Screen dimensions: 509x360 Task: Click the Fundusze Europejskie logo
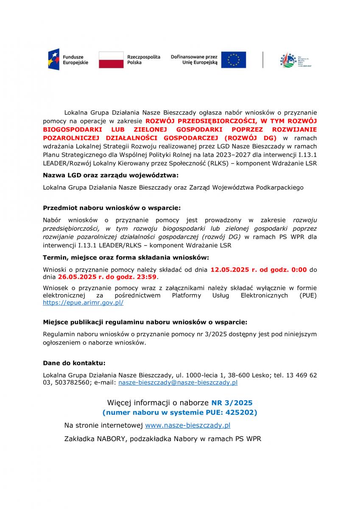pos(68,60)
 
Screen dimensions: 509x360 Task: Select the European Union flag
pos(233,60)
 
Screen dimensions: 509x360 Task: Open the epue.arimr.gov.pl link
pos(83,303)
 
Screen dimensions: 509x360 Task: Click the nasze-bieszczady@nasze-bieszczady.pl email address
pos(178,382)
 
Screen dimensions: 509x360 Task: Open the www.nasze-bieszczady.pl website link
pos(187,425)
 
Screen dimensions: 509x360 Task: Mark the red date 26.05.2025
pos(75,277)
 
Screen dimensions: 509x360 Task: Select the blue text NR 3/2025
pos(232,402)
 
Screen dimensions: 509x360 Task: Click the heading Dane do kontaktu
pos(74,364)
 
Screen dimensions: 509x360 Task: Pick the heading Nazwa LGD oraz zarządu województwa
pos(111,175)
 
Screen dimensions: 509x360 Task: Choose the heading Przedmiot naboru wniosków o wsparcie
pos(112,208)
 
